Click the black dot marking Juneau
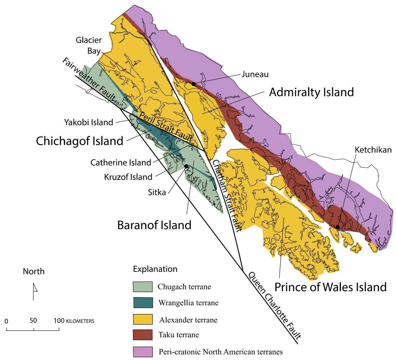[x=194, y=84]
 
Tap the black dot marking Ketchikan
[x=338, y=227]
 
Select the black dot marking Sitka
[x=186, y=166]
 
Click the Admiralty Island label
[x=311, y=92]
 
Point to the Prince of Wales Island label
[x=330, y=287]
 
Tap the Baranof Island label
[x=154, y=225]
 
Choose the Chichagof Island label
[x=79, y=141]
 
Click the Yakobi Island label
[x=89, y=122]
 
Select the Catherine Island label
[x=121, y=162]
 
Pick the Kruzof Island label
[x=128, y=177]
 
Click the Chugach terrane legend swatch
[x=143, y=287]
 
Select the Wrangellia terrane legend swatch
[x=143, y=303]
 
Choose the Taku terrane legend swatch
[x=143, y=335]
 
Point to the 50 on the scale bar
[x=33, y=321]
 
